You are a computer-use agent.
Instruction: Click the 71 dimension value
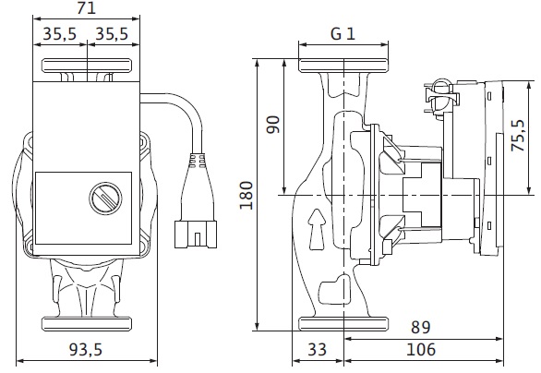click(86, 7)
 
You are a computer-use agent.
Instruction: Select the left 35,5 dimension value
click(59, 34)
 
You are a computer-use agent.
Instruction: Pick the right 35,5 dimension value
click(112, 34)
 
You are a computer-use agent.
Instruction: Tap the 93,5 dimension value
click(86, 350)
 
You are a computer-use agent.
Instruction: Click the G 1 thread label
click(343, 34)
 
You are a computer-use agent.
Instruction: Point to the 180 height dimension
click(246, 196)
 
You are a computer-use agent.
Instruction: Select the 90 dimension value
click(273, 125)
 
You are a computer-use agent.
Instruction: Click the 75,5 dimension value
click(518, 136)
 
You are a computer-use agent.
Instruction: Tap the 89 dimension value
click(421, 327)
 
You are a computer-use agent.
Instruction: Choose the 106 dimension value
click(421, 350)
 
